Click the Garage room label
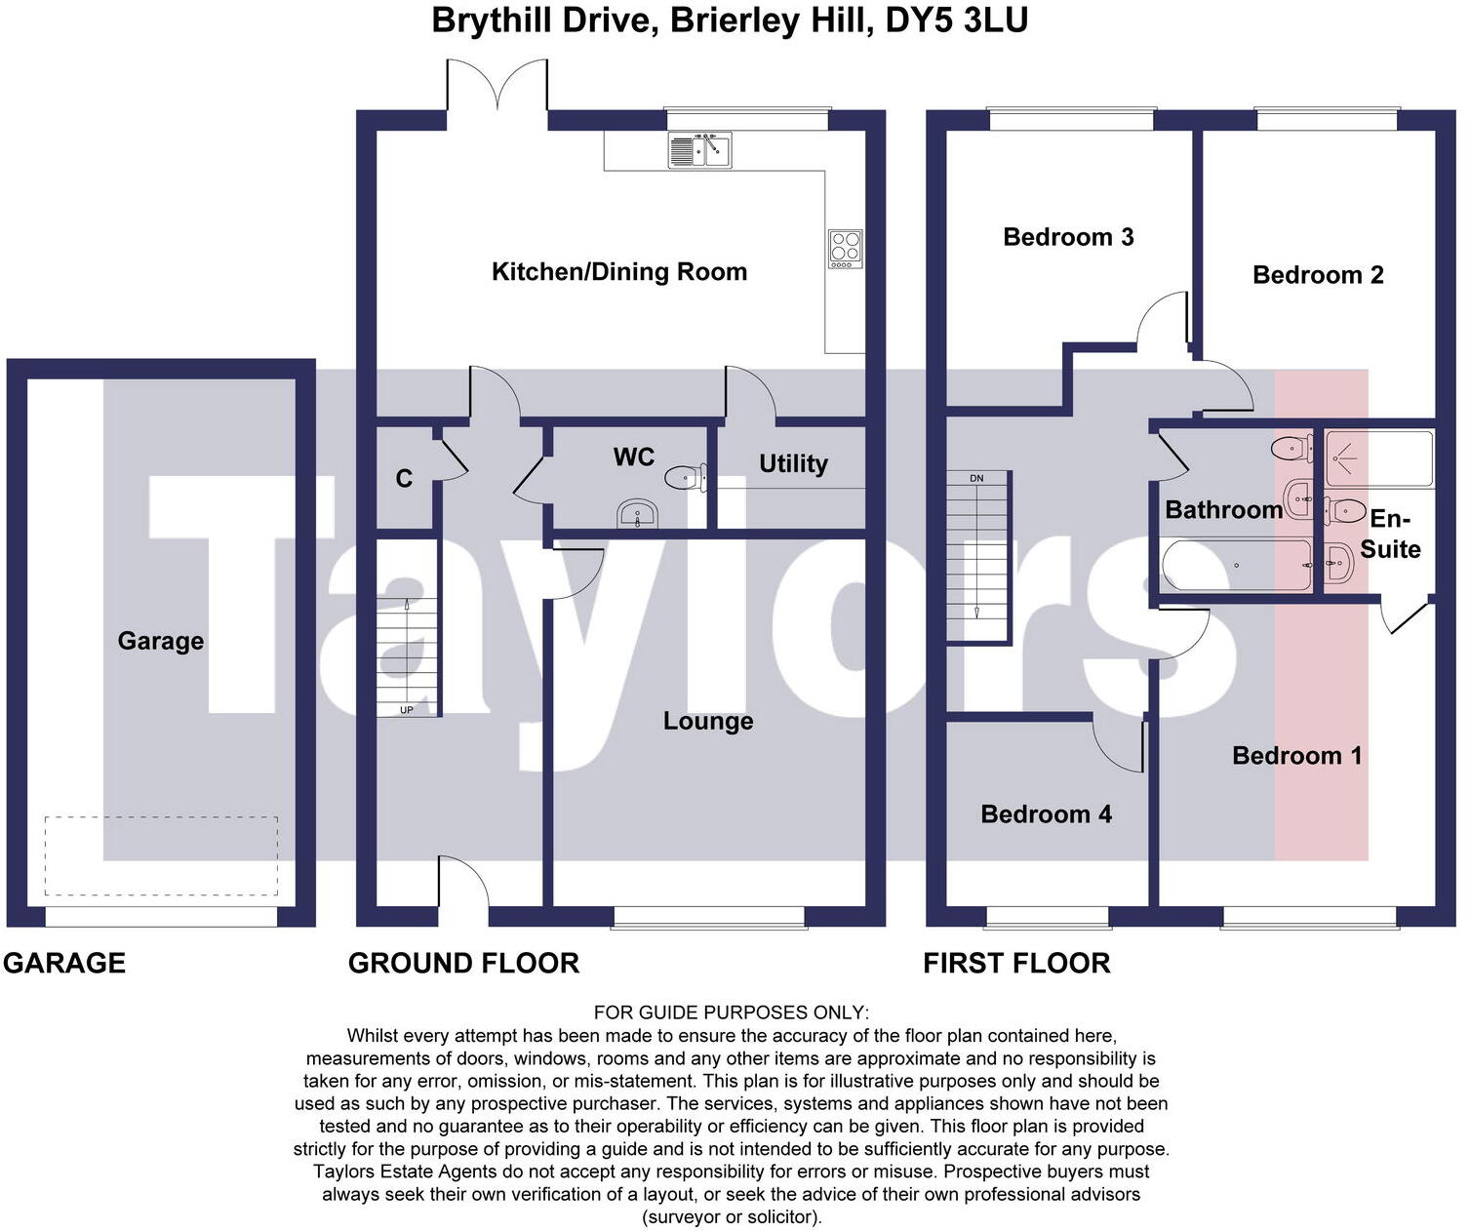point(161,641)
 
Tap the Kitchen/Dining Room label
point(619,271)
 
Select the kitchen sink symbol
point(699,150)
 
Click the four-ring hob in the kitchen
point(845,248)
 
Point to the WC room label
point(634,457)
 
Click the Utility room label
point(793,463)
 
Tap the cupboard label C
point(404,478)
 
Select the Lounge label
point(708,721)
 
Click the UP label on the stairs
point(407,710)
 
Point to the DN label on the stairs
point(976,478)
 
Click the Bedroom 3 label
point(1068,237)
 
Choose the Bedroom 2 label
point(1318,275)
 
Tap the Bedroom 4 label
point(1046,814)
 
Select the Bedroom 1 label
point(1296,755)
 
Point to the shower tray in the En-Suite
point(1377,457)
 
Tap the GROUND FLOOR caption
point(463,964)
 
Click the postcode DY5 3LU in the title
point(956,20)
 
